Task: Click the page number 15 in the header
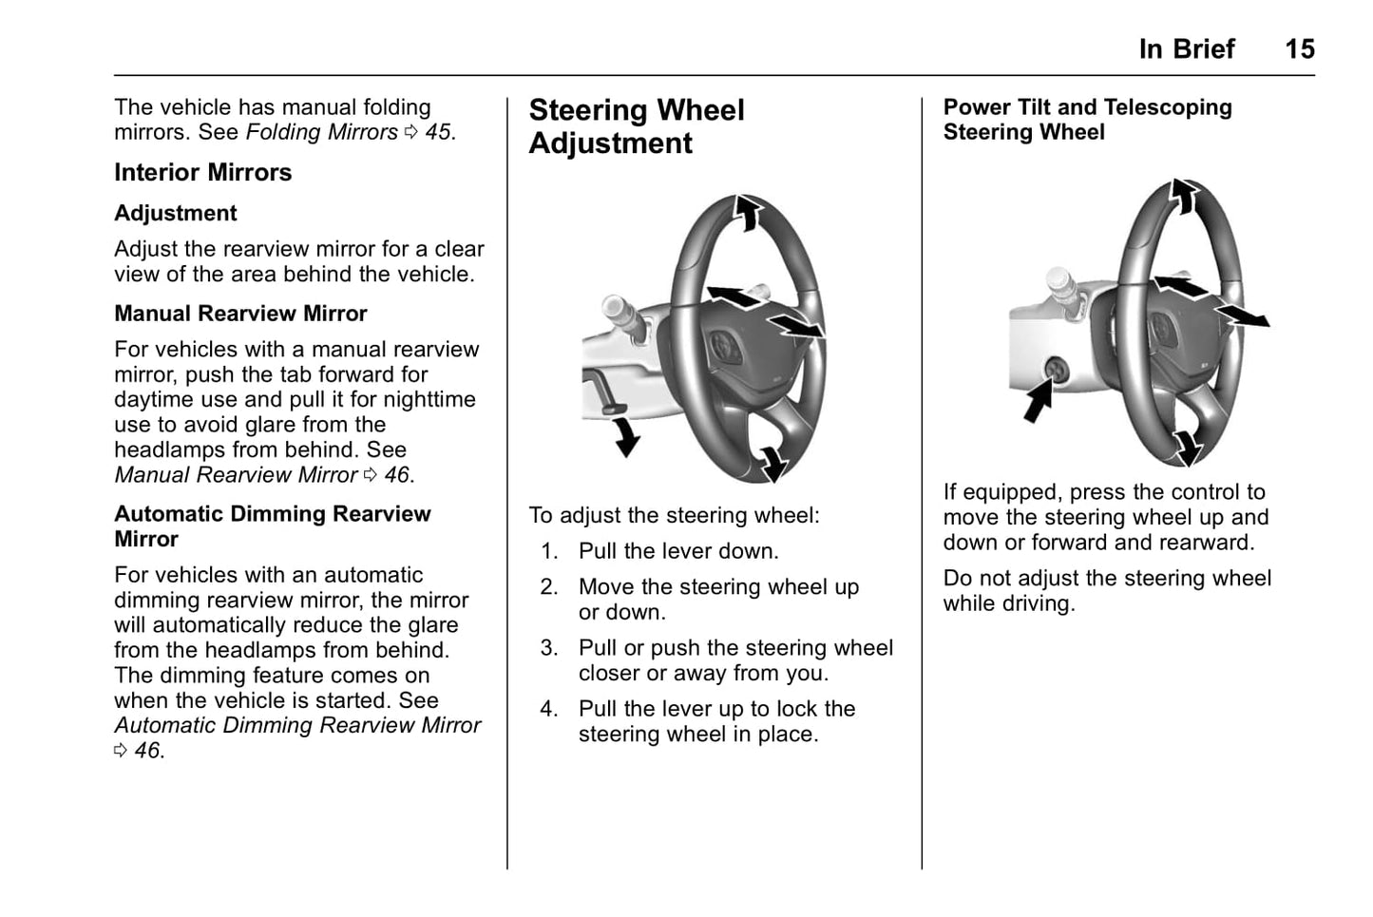1299,48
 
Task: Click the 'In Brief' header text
1186,48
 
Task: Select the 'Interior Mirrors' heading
202,172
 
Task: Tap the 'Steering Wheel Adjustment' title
636,126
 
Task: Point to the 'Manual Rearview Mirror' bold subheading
240,314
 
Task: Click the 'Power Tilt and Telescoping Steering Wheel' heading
1087,120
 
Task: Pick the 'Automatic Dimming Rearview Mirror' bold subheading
272,526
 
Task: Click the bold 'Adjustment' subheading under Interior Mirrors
175,213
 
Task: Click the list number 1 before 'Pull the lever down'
548,551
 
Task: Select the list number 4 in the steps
548,709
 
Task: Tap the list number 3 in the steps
548,648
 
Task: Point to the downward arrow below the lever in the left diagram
626,436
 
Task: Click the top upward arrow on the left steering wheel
749,212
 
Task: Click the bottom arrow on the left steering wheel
774,463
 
